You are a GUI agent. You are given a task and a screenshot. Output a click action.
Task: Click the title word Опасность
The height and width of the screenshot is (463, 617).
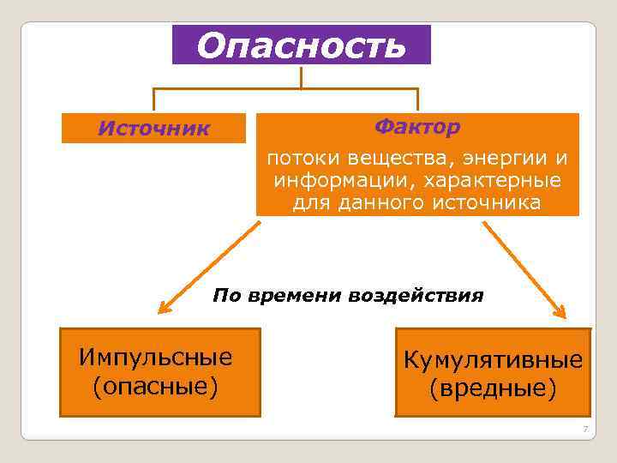301,45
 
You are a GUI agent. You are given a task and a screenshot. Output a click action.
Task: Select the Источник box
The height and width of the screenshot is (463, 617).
153,129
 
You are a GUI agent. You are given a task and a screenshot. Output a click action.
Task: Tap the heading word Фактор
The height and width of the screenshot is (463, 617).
417,128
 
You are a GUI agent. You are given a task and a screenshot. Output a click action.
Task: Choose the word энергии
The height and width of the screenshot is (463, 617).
505,159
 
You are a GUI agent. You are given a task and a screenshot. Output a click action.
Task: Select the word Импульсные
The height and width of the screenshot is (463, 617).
155,357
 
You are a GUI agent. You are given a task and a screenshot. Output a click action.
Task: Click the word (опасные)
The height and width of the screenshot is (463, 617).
155,386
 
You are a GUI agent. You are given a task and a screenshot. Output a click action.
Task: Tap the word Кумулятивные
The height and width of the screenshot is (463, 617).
493,360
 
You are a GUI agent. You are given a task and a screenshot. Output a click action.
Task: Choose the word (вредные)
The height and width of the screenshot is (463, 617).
493,389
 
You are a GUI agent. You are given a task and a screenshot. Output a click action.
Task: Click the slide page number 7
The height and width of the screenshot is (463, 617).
584,429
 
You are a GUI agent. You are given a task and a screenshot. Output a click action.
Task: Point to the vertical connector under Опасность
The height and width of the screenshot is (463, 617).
302,76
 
